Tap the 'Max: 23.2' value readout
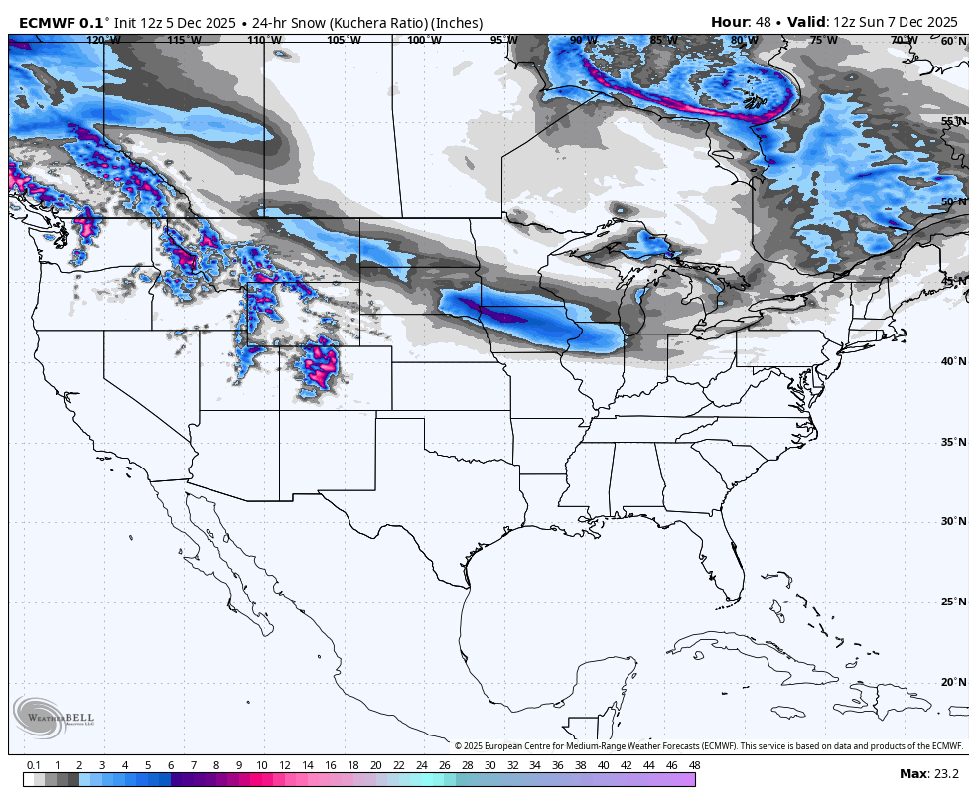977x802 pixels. [x=928, y=774]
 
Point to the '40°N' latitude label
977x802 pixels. [x=953, y=361]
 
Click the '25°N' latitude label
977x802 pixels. [x=953, y=601]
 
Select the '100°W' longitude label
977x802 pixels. [x=424, y=41]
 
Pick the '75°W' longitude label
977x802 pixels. [x=823, y=41]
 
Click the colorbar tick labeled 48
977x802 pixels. [x=694, y=765]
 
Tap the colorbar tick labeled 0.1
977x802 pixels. [x=33, y=765]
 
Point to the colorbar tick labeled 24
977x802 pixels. [x=421, y=765]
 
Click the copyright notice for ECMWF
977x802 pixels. [x=709, y=746]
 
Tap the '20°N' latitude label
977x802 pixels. [x=953, y=682]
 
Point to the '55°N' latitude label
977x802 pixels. [x=953, y=121]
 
